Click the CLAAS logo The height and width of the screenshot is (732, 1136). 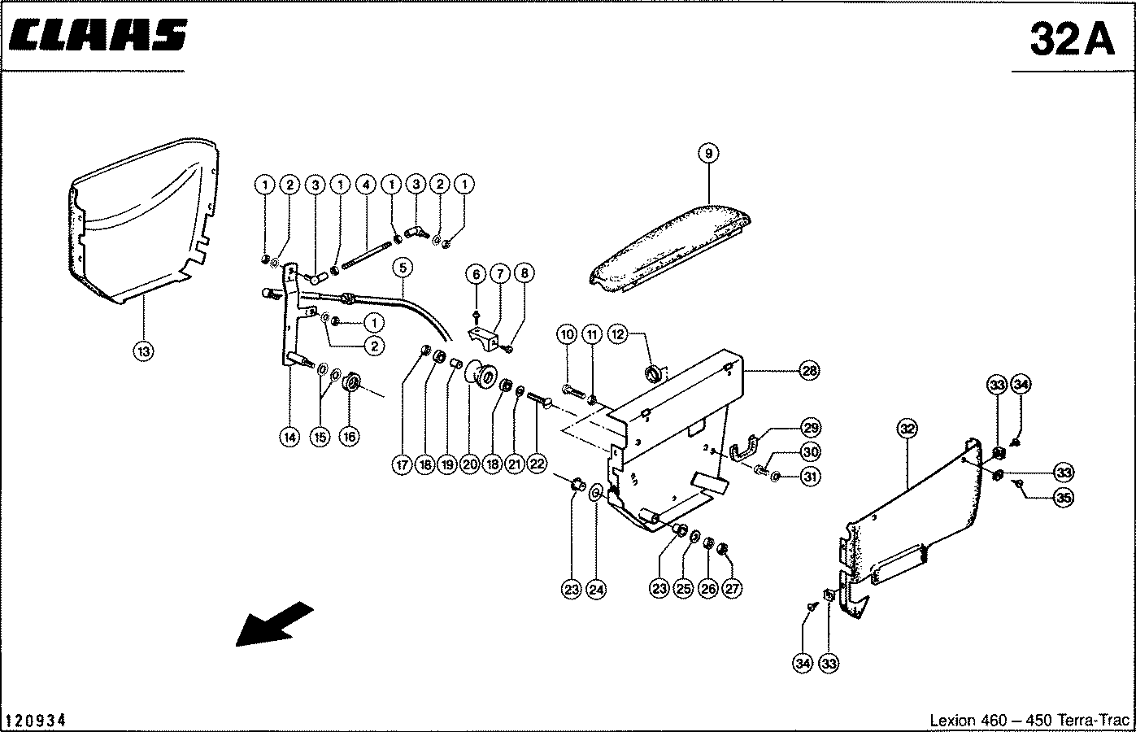[98, 36]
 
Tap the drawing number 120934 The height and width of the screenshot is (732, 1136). [36, 721]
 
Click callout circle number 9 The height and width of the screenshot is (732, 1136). [708, 152]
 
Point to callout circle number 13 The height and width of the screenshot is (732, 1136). [143, 351]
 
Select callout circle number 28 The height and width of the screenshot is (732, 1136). [809, 371]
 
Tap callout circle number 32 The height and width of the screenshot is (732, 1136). [907, 427]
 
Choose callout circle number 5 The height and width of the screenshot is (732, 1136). [401, 267]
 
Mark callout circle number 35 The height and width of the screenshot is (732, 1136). [1062, 498]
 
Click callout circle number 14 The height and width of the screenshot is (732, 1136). [289, 437]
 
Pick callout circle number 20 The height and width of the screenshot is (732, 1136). [469, 464]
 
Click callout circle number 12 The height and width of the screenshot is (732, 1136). [618, 333]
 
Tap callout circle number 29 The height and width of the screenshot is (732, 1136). [811, 428]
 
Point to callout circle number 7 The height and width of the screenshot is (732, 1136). [499, 273]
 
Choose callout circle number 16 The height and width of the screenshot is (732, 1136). [349, 437]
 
